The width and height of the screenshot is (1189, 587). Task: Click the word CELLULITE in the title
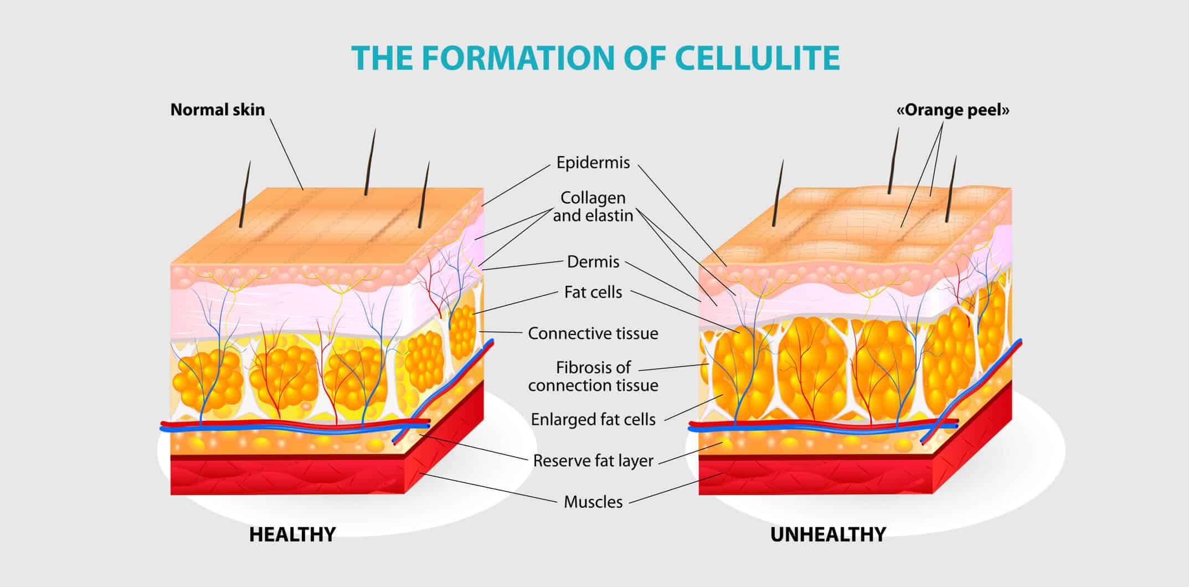tap(758, 58)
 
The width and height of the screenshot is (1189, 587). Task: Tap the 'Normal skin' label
tap(217, 110)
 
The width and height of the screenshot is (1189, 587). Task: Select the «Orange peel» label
tap(953, 110)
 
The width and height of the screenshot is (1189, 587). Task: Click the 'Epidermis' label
tap(593, 163)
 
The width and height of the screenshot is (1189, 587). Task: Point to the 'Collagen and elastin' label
tap(593, 207)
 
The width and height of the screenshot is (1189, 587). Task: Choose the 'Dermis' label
tap(593, 262)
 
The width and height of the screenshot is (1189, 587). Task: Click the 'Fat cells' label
tap(593, 292)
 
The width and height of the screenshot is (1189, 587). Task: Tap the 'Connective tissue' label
tap(593, 334)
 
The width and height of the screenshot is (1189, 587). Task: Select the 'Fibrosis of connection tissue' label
tap(593, 377)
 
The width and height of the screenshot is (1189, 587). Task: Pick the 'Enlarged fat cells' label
tap(593, 420)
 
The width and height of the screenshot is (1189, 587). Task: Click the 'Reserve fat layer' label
tap(593, 461)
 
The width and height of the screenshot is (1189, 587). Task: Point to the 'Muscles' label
tap(593, 502)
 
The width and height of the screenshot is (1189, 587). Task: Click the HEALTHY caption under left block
tap(292, 534)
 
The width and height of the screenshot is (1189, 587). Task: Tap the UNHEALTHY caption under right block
tap(828, 534)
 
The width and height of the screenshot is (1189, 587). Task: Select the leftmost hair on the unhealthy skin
tap(778, 194)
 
